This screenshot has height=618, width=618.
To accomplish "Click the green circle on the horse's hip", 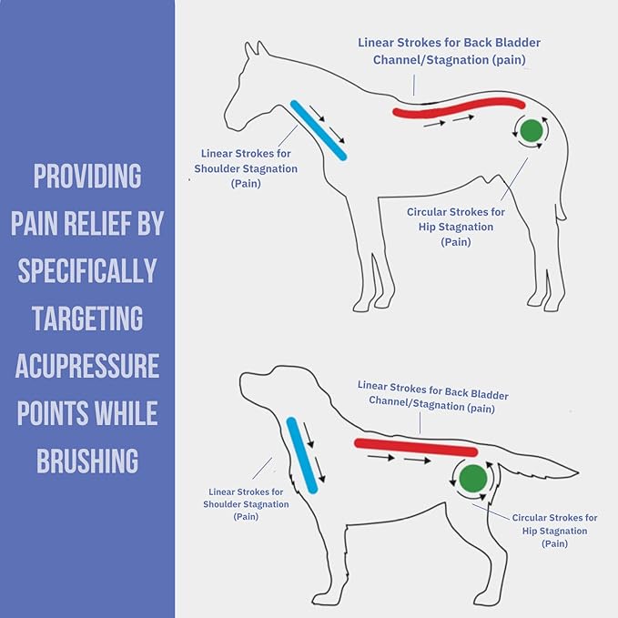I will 532,131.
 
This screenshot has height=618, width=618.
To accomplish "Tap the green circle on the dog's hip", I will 472,479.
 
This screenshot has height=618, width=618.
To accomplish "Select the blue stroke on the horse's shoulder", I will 319,130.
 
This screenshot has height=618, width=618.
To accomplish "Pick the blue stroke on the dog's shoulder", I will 301,455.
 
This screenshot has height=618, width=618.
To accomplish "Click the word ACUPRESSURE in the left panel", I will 87,366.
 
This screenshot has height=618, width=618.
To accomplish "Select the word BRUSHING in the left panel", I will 87,461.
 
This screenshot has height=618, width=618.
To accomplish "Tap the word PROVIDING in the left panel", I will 87,176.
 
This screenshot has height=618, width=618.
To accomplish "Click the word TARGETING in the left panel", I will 87,319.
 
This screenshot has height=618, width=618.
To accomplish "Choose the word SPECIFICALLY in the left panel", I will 87,270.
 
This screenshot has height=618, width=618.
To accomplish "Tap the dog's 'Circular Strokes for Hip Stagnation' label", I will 554,530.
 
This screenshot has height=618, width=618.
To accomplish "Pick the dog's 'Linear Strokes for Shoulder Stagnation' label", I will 246,503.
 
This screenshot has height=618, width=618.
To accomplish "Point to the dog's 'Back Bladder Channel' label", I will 432,396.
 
